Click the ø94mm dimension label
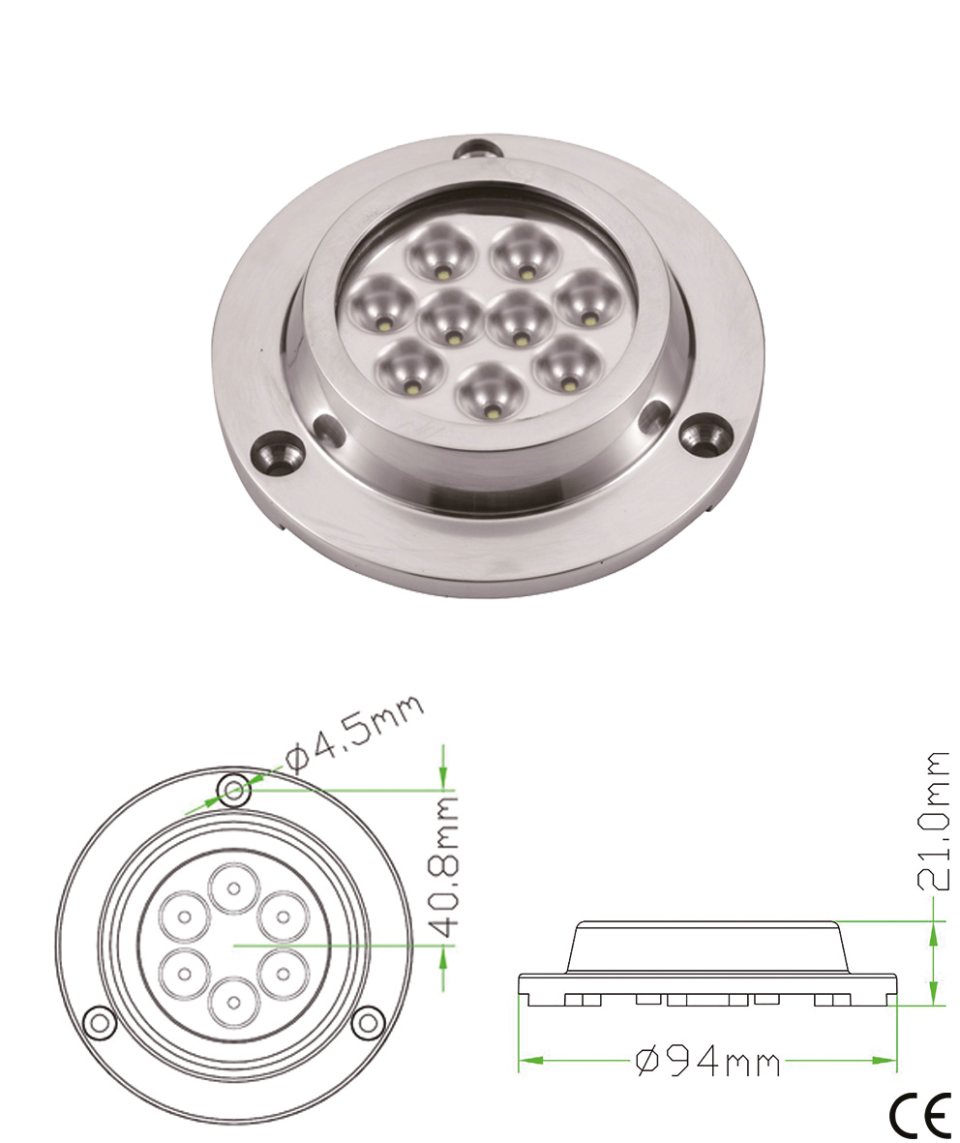[x=708, y=1062]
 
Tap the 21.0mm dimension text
[x=935, y=821]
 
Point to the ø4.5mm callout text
[x=353, y=733]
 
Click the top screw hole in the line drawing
[x=232, y=791]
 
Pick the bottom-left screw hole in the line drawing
[x=98, y=1022]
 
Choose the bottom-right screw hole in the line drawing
[x=367, y=1022]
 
